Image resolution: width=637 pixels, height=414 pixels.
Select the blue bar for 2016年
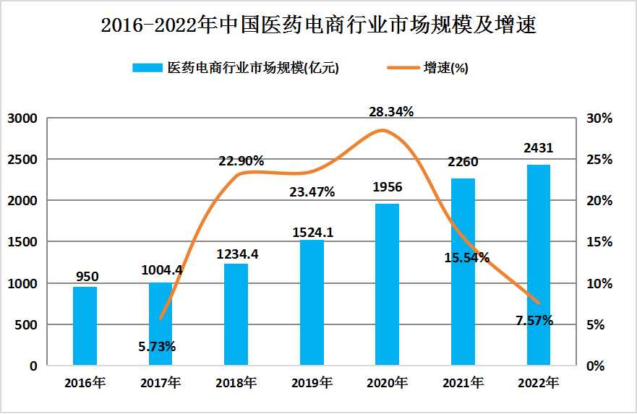[85, 326]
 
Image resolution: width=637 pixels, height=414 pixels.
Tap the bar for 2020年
[388, 285]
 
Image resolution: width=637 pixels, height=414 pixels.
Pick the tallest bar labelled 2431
[538, 265]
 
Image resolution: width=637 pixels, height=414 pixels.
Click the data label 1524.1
[312, 233]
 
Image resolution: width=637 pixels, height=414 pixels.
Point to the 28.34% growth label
[391, 112]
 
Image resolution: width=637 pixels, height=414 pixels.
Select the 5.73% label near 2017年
[157, 346]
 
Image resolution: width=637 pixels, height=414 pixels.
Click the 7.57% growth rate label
[534, 320]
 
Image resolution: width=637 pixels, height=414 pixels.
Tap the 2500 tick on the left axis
[22, 160]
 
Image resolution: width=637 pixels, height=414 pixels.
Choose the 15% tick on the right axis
[599, 242]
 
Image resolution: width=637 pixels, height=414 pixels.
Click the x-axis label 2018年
[236, 383]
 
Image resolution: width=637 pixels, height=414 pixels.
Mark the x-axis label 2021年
[463, 383]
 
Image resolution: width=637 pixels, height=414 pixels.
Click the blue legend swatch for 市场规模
[148, 68]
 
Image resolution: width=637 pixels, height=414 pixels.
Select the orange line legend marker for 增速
[403, 68]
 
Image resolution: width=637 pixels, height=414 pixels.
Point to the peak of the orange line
[383, 130]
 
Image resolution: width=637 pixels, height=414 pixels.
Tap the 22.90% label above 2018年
[241, 161]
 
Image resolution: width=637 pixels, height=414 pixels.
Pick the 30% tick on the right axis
[599, 118]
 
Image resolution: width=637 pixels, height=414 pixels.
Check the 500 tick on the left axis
[26, 325]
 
